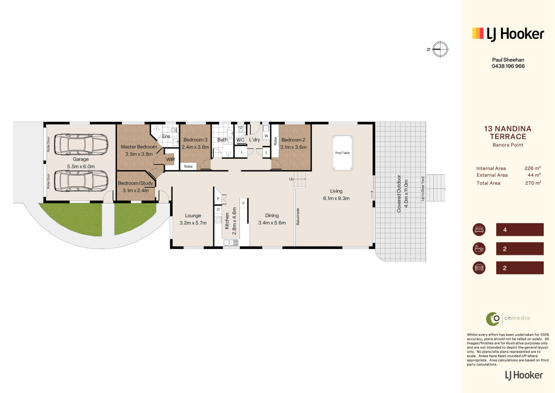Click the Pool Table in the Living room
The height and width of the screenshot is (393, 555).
[x=342, y=153]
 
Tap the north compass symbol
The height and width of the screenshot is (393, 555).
[x=440, y=49]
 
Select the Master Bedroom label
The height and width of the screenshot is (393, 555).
[x=139, y=146]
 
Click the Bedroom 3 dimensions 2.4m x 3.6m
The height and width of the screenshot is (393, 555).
[x=196, y=147]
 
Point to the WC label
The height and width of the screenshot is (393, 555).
[x=240, y=140]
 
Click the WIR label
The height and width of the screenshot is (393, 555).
[x=171, y=159]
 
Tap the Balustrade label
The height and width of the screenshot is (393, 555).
[x=298, y=216]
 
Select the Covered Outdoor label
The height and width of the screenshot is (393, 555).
[x=399, y=194]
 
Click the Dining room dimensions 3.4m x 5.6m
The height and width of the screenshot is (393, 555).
[x=272, y=223]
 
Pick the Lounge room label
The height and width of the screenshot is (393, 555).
[x=193, y=215]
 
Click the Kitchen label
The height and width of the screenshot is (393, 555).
[x=227, y=221]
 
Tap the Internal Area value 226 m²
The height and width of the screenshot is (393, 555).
[x=532, y=168]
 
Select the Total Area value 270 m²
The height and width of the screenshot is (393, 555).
[x=533, y=183]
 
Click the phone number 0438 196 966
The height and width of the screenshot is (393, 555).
[x=508, y=66]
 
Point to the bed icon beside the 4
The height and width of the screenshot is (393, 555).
[x=479, y=229]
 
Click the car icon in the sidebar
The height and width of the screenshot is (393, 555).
[x=479, y=268]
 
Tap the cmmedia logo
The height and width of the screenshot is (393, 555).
[x=508, y=318]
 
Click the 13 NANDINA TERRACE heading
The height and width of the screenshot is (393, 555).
[x=508, y=133]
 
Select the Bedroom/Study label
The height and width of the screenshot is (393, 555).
[x=136, y=183]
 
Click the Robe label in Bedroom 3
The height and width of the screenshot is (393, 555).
[x=188, y=167]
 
